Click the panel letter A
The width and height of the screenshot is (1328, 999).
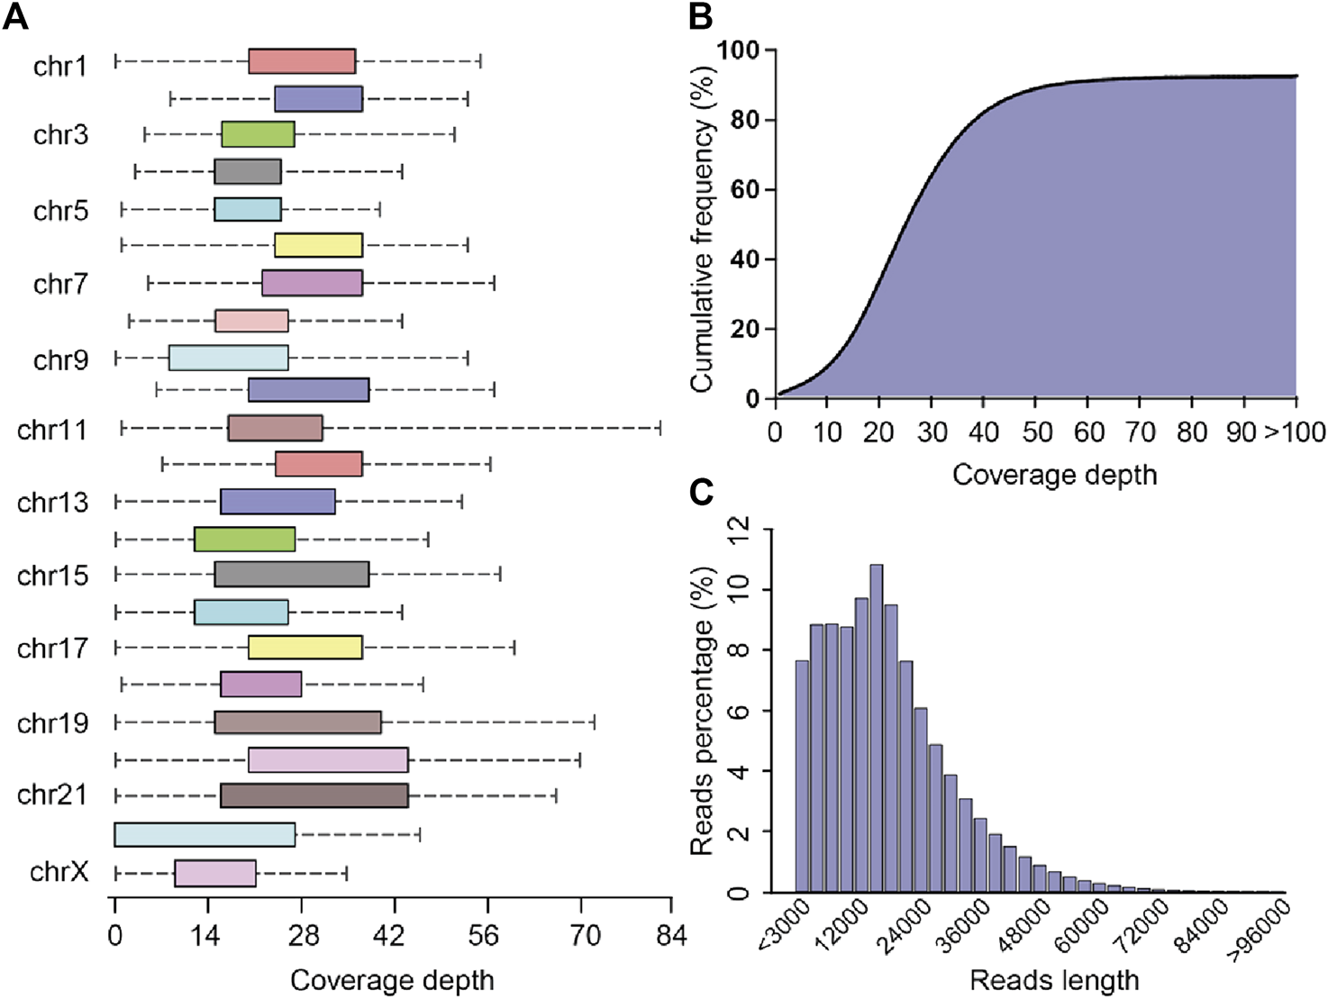click(x=15, y=16)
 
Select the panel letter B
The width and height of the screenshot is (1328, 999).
click(x=700, y=16)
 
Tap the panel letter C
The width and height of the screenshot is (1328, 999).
click(x=700, y=492)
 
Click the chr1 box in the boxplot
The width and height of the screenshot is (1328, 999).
click(x=302, y=61)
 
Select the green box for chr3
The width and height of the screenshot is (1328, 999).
click(x=258, y=134)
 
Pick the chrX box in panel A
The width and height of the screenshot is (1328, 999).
click(x=215, y=874)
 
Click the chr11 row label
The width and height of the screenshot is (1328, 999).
click(x=52, y=431)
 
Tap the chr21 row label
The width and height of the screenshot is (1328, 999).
click(x=52, y=795)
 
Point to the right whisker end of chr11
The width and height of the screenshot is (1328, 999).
click(x=660, y=428)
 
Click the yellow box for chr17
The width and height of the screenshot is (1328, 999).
click(x=305, y=647)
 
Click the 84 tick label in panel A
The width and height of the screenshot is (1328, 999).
click(x=671, y=936)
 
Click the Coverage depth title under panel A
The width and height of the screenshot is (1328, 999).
click(x=392, y=980)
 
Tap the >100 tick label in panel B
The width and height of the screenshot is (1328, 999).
click(x=1295, y=432)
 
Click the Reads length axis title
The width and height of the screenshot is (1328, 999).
click(x=1054, y=980)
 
